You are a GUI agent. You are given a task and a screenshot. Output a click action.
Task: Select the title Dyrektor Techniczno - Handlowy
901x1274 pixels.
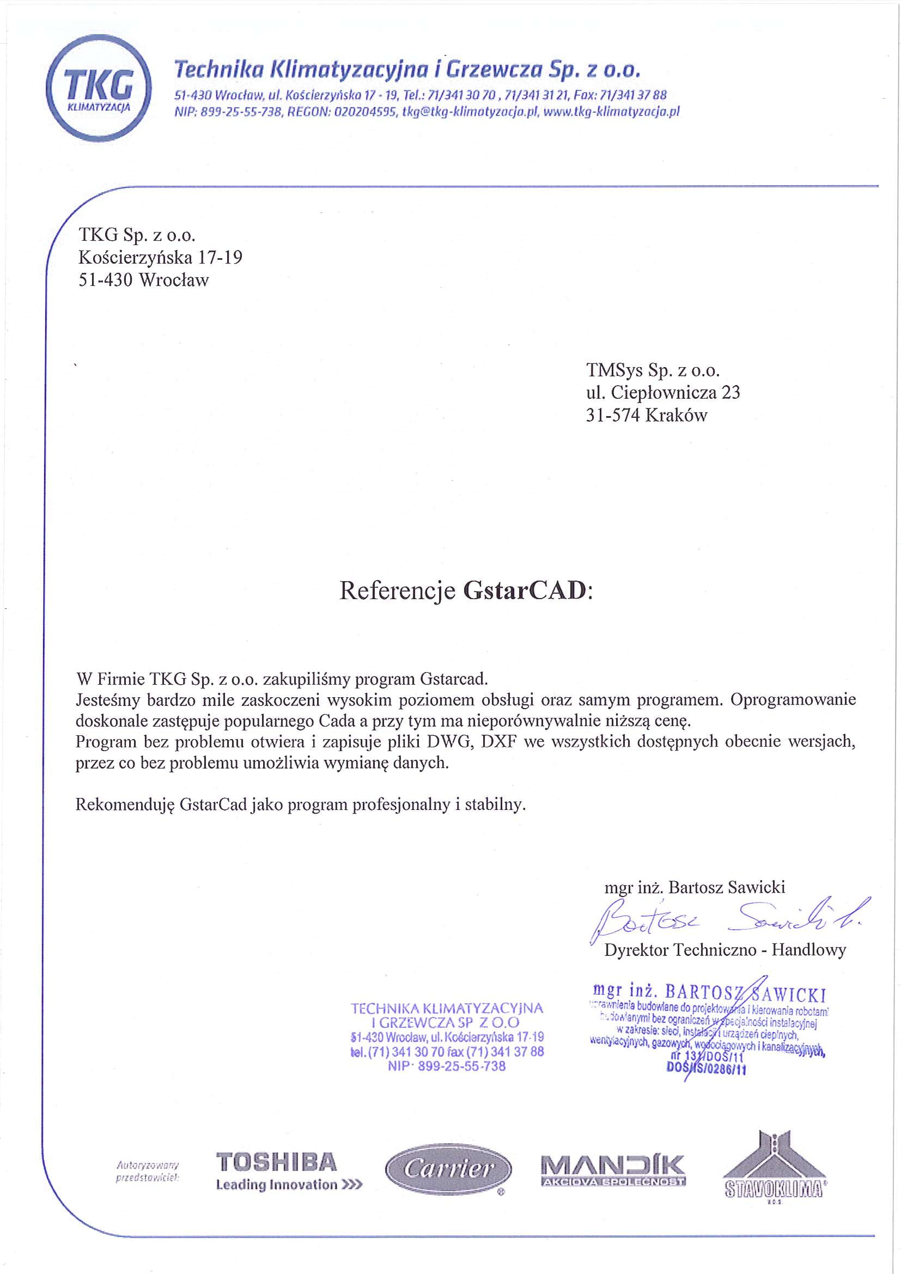click(725, 950)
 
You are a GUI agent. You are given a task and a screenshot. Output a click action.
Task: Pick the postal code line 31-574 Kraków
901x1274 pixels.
click(647, 415)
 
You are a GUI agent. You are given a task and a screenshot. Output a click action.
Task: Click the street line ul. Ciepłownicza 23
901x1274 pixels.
click(662, 392)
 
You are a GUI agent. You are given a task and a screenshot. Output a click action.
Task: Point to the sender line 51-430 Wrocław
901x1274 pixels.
click(144, 280)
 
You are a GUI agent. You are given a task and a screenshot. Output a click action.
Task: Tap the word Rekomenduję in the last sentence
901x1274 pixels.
click(125, 804)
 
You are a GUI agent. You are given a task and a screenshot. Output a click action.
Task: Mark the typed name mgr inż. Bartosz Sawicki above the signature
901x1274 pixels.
click(694, 887)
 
